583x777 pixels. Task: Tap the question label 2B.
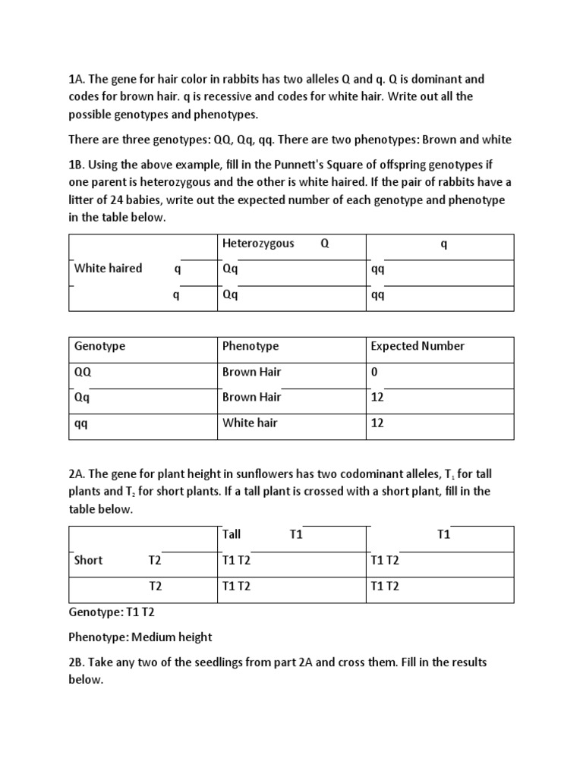[x=77, y=662]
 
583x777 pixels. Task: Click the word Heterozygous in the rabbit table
[x=258, y=244]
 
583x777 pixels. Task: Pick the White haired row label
[x=108, y=268]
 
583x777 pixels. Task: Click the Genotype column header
[x=99, y=346]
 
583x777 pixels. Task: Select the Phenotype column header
[x=251, y=346]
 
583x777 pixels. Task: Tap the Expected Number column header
[x=418, y=346]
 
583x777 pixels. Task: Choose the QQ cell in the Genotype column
[x=82, y=372]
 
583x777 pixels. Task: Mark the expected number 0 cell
[x=374, y=372]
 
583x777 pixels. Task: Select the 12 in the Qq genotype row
[x=377, y=397]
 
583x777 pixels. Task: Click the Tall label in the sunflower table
[x=232, y=534]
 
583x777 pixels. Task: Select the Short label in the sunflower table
[x=88, y=560]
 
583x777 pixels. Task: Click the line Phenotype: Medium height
[x=140, y=636]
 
